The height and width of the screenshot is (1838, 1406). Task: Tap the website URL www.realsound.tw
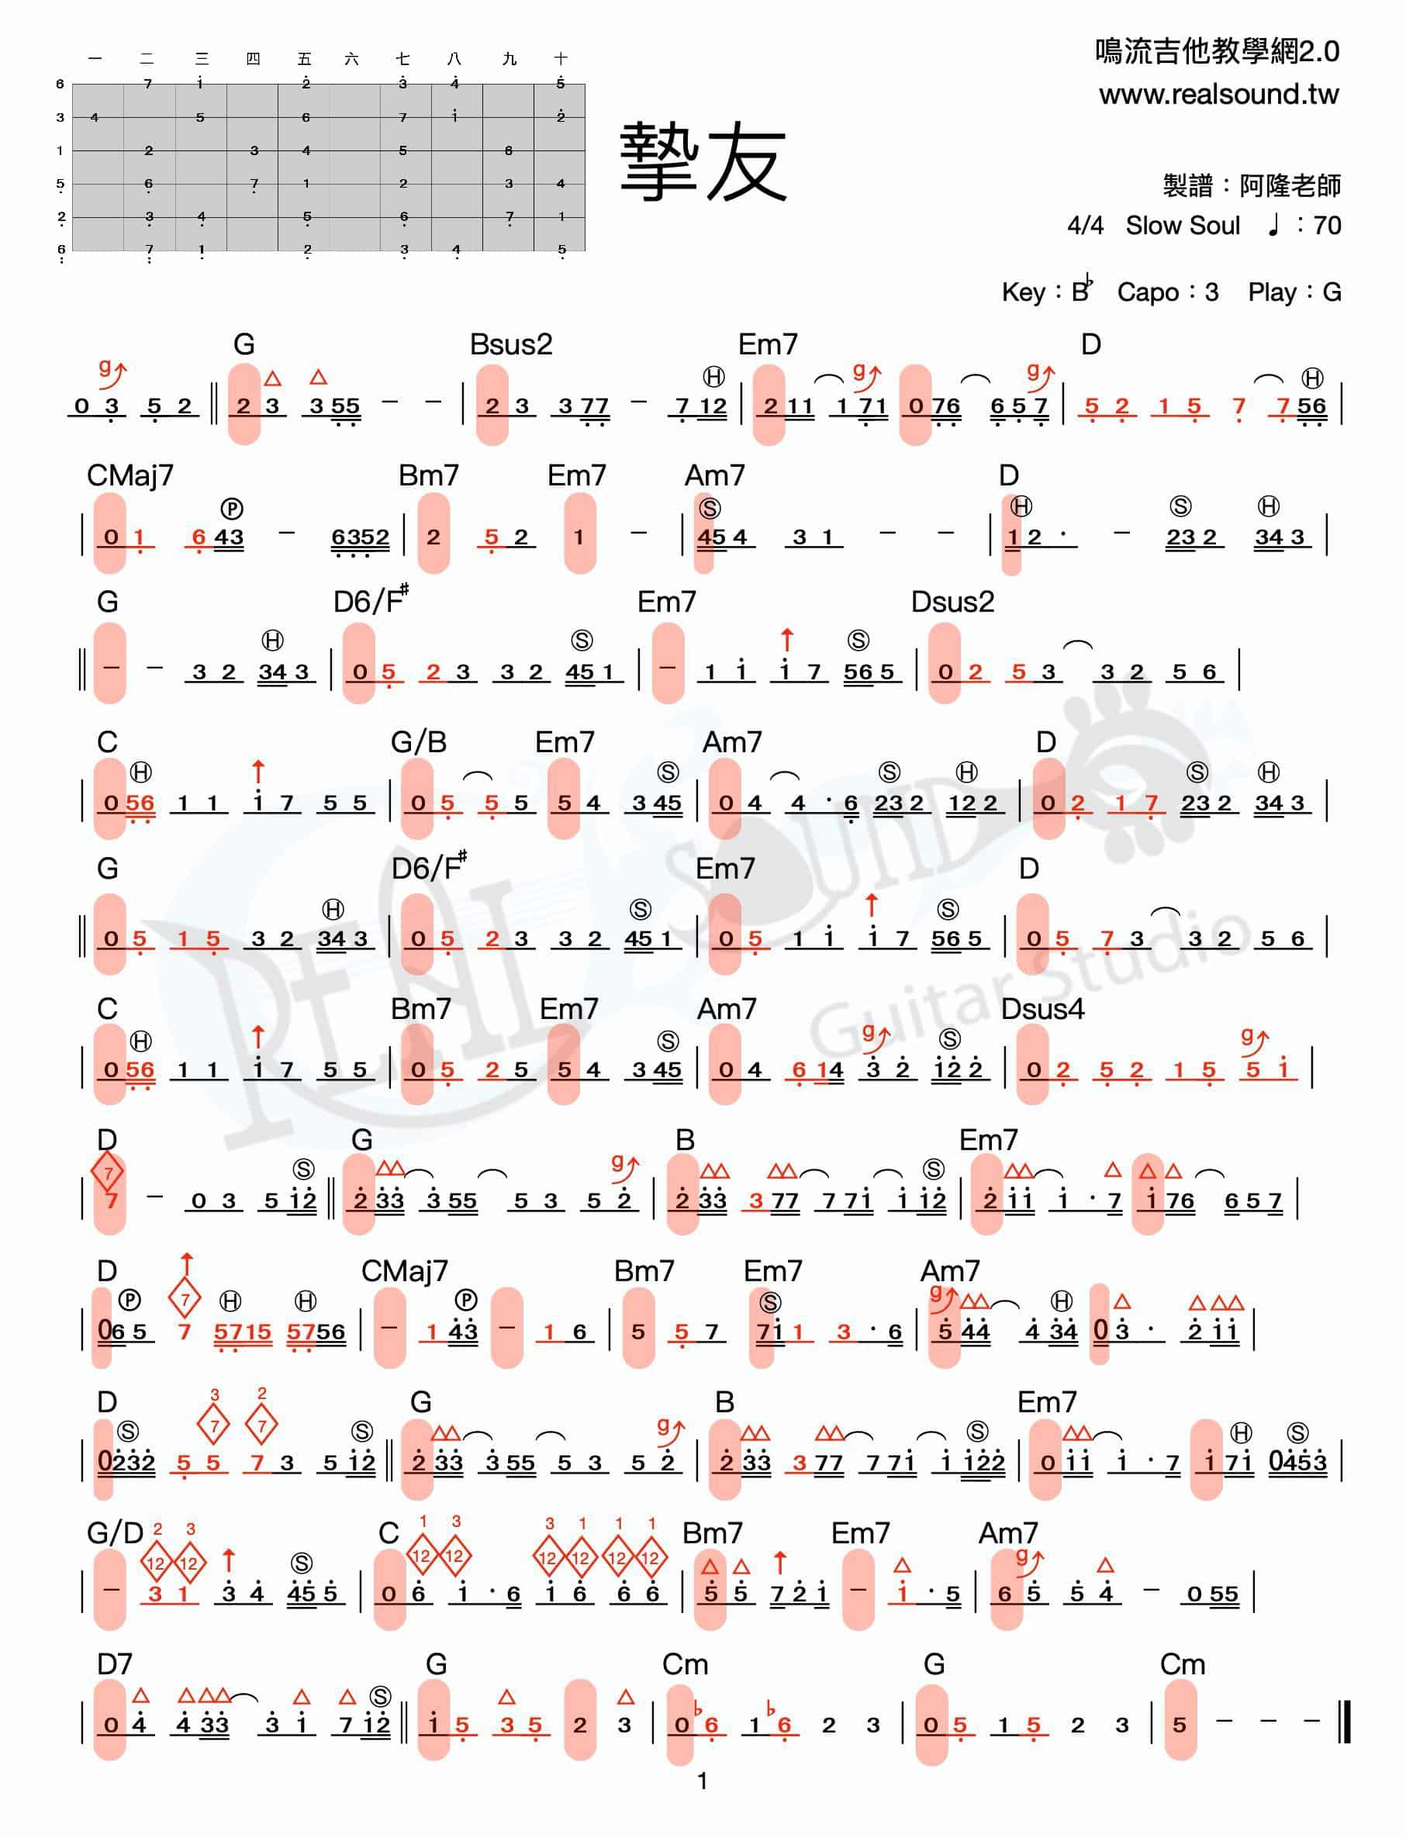tap(1218, 95)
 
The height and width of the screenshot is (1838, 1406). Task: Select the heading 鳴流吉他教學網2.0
tap(1217, 52)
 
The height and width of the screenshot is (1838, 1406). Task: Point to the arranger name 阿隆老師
tap(1290, 185)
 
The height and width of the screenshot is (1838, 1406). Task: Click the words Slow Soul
tap(1182, 225)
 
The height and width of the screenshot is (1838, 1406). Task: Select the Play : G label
tap(1294, 292)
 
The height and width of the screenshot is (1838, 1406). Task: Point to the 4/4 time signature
tap(1085, 225)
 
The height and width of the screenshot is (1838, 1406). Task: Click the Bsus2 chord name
tap(510, 345)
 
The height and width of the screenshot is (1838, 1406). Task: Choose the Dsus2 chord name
tap(952, 603)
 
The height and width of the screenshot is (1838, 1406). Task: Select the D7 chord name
tap(115, 1664)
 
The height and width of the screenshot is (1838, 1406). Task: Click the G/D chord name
tap(115, 1533)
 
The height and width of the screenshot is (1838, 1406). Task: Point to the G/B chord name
tap(419, 742)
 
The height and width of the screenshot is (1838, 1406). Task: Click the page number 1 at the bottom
tap(702, 1781)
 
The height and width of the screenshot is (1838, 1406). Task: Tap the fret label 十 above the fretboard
tap(561, 59)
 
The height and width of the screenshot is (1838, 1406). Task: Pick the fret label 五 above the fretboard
tap(305, 59)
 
